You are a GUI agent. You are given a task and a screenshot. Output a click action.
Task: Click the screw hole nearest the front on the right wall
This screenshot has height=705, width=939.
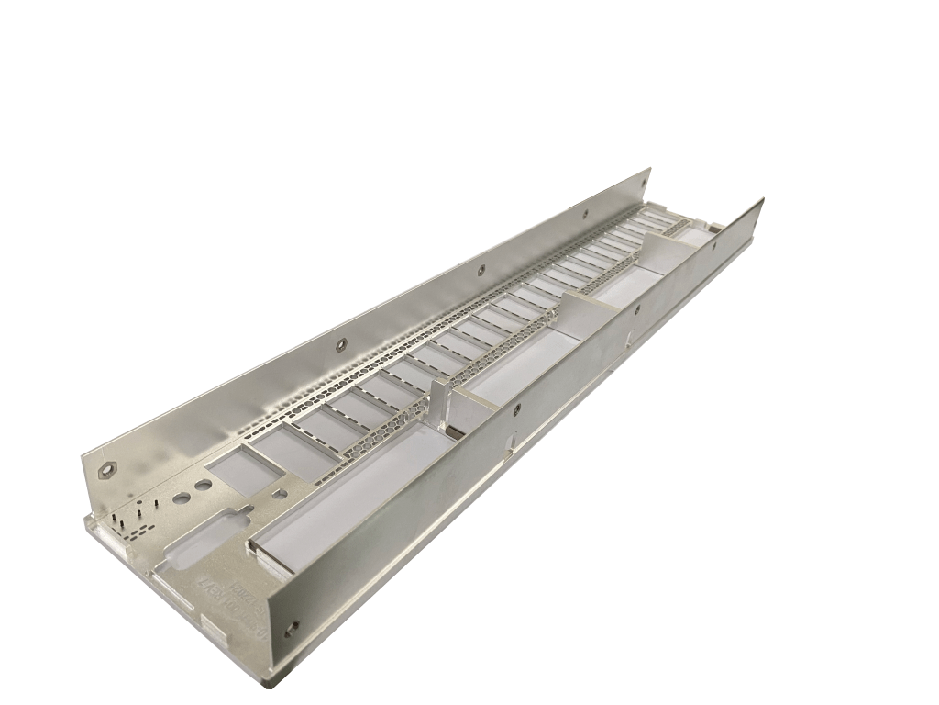[x=293, y=628]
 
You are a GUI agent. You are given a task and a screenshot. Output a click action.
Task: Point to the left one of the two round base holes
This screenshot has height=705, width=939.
[x=182, y=498]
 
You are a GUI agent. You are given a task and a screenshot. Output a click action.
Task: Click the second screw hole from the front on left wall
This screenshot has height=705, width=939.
[x=340, y=344]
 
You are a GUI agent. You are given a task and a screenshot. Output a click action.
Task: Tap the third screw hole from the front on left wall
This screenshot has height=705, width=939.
[x=480, y=270]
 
